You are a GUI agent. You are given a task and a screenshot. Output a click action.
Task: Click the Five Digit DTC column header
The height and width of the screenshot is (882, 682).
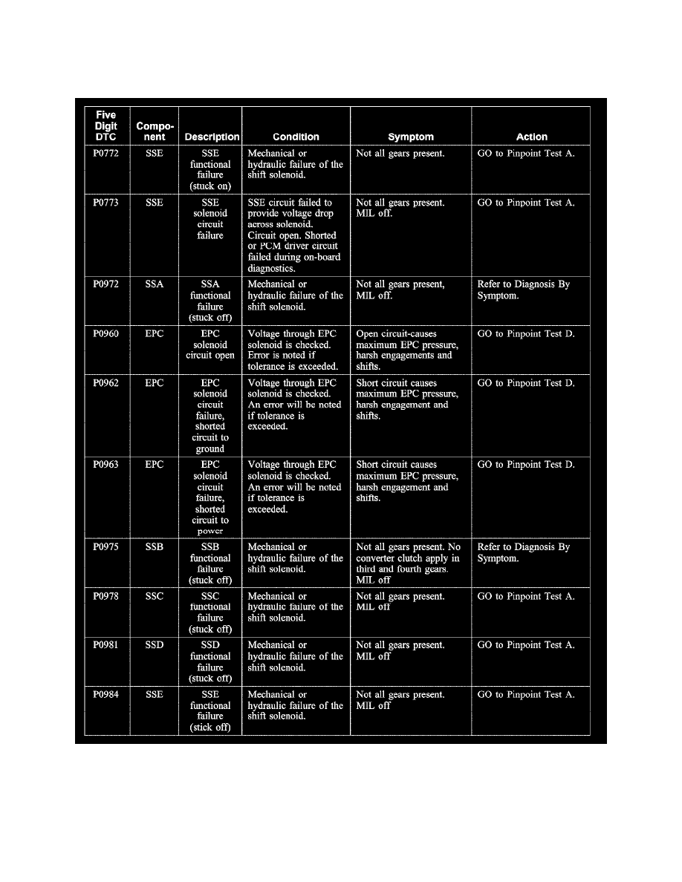[106, 126]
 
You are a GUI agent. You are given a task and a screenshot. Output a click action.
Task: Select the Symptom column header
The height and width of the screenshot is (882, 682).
[410, 137]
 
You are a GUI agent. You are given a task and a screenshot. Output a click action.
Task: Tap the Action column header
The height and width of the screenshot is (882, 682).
[531, 137]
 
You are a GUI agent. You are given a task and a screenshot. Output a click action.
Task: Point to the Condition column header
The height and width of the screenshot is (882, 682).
[296, 137]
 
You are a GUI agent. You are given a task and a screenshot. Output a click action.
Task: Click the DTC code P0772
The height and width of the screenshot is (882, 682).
[107, 154]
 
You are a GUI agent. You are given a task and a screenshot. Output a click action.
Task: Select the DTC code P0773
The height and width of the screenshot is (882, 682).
[107, 203]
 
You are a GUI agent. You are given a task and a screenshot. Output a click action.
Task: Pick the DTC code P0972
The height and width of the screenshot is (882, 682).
[107, 284]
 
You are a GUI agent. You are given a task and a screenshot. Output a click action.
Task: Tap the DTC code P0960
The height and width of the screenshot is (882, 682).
[107, 334]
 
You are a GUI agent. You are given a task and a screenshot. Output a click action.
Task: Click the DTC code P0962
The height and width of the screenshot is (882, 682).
[107, 383]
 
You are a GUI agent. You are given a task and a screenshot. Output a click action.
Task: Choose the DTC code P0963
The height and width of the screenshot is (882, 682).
[107, 465]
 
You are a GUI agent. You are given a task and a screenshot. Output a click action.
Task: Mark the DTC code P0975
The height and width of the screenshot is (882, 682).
[107, 547]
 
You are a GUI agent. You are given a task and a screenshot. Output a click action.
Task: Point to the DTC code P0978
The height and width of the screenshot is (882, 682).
[107, 596]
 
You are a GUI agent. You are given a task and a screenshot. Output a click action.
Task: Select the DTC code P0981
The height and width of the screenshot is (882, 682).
[107, 645]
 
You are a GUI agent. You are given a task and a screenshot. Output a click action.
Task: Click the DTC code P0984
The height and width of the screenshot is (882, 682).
[107, 695]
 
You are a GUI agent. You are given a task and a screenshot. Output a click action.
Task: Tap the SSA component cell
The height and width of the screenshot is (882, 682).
[155, 284]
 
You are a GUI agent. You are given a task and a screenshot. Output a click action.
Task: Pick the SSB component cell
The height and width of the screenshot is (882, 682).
[155, 547]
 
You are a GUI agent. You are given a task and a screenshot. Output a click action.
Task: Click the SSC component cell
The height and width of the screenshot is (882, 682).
[155, 596]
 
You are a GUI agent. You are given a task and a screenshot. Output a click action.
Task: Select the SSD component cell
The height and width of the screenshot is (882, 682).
[155, 645]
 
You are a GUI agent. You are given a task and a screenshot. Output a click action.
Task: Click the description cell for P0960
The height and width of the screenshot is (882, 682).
[210, 344]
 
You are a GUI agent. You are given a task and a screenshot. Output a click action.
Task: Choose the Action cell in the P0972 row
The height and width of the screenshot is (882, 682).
[523, 290]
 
